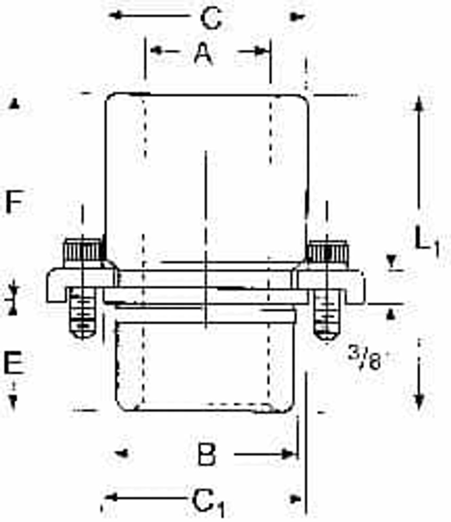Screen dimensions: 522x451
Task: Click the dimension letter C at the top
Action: (211, 18)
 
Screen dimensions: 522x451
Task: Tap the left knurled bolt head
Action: (82, 253)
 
